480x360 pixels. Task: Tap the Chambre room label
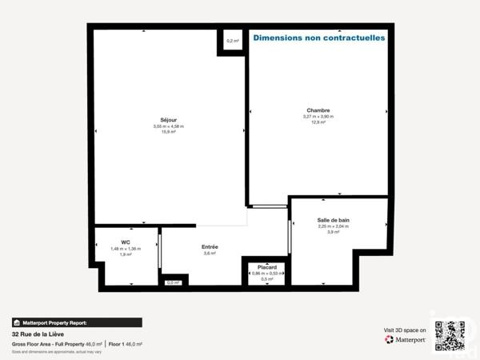[x=318, y=110]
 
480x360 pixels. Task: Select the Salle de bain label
[x=334, y=220]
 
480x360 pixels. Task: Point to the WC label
[x=126, y=242]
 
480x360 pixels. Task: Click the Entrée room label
[x=210, y=246]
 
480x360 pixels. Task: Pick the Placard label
[x=267, y=267]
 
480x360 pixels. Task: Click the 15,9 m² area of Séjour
[x=169, y=132]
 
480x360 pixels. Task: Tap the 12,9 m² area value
[x=318, y=122]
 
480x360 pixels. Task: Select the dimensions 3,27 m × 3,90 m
[x=318, y=117]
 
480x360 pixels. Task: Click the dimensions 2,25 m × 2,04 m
[x=334, y=226]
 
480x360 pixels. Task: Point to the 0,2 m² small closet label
[x=233, y=41]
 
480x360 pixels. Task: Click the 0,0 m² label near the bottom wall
[x=173, y=282]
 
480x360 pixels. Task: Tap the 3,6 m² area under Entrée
[x=210, y=254]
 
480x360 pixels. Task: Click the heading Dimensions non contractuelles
[x=318, y=38]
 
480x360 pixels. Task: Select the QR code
[x=450, y=335]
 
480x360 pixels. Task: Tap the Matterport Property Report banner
[x=77, y=322]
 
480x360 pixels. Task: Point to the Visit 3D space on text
[x=406, y=329]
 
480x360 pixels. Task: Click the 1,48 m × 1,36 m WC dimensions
[x=126, y=248]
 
